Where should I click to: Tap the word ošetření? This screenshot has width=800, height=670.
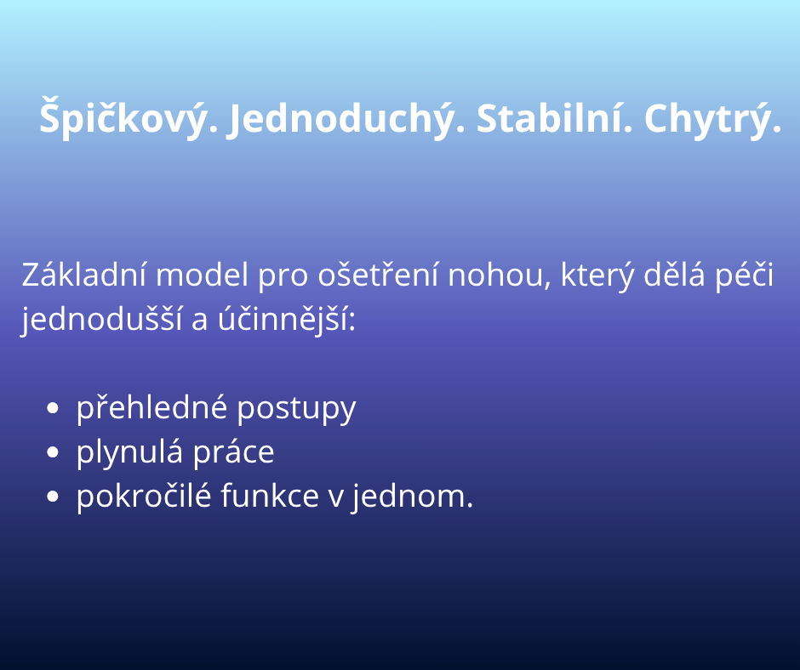pos(378,275)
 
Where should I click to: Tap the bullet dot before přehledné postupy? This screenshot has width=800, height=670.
pos(53,408)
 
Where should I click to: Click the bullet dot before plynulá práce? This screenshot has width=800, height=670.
pos(53,452)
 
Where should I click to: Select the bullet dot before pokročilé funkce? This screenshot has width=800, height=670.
pos(53,497)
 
